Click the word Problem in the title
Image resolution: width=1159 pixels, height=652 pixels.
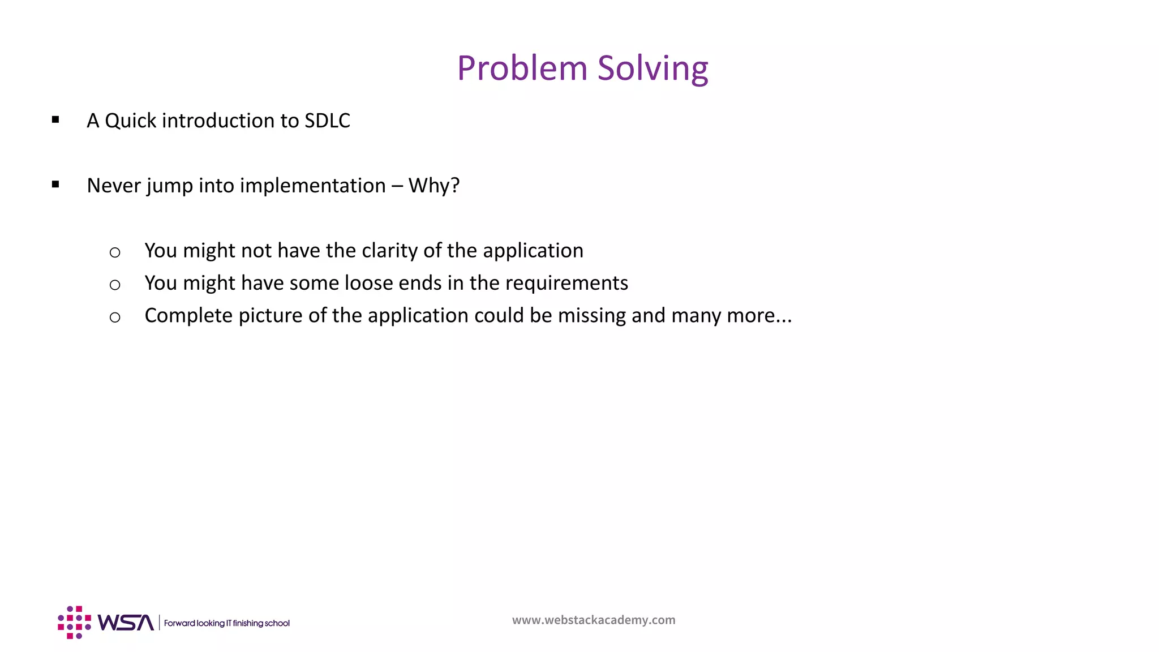pos(522,68)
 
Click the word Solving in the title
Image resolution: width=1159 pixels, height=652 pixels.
pos(653,68)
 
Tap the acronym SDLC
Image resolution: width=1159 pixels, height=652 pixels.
pos(327,121)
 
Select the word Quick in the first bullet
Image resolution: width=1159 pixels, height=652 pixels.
pos(130,121)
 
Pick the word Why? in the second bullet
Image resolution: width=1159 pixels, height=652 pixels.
pos(434,186)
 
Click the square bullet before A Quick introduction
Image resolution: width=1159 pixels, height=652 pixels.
pos(55,119)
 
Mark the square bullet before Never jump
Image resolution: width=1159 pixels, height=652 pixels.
pos(55,184)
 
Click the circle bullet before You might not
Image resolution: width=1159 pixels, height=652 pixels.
pos(115,252)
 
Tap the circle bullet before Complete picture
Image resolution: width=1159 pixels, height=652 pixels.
pos(115,318)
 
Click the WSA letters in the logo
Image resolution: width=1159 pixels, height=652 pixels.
pos(126,623)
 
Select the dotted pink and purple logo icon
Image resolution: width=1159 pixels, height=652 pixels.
pos(74,623)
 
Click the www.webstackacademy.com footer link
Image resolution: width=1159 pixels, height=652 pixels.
pos(594,620)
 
